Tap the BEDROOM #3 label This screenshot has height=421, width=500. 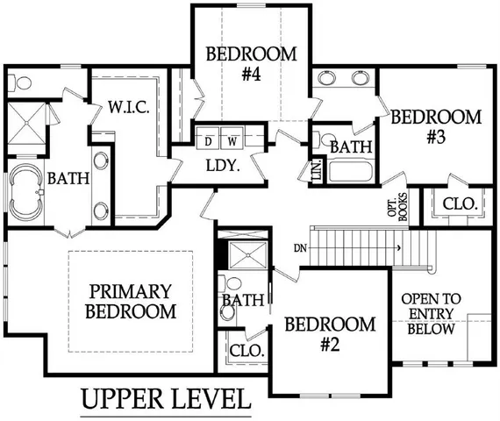(436, 126)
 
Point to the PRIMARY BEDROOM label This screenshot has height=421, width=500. (131, 300)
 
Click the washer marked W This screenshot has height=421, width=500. (232, 140)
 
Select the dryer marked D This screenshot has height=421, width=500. (209, 140)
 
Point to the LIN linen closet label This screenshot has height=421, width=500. (317, 172)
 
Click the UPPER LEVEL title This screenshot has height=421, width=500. (165, 399)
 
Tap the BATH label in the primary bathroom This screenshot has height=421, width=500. (68, 178)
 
